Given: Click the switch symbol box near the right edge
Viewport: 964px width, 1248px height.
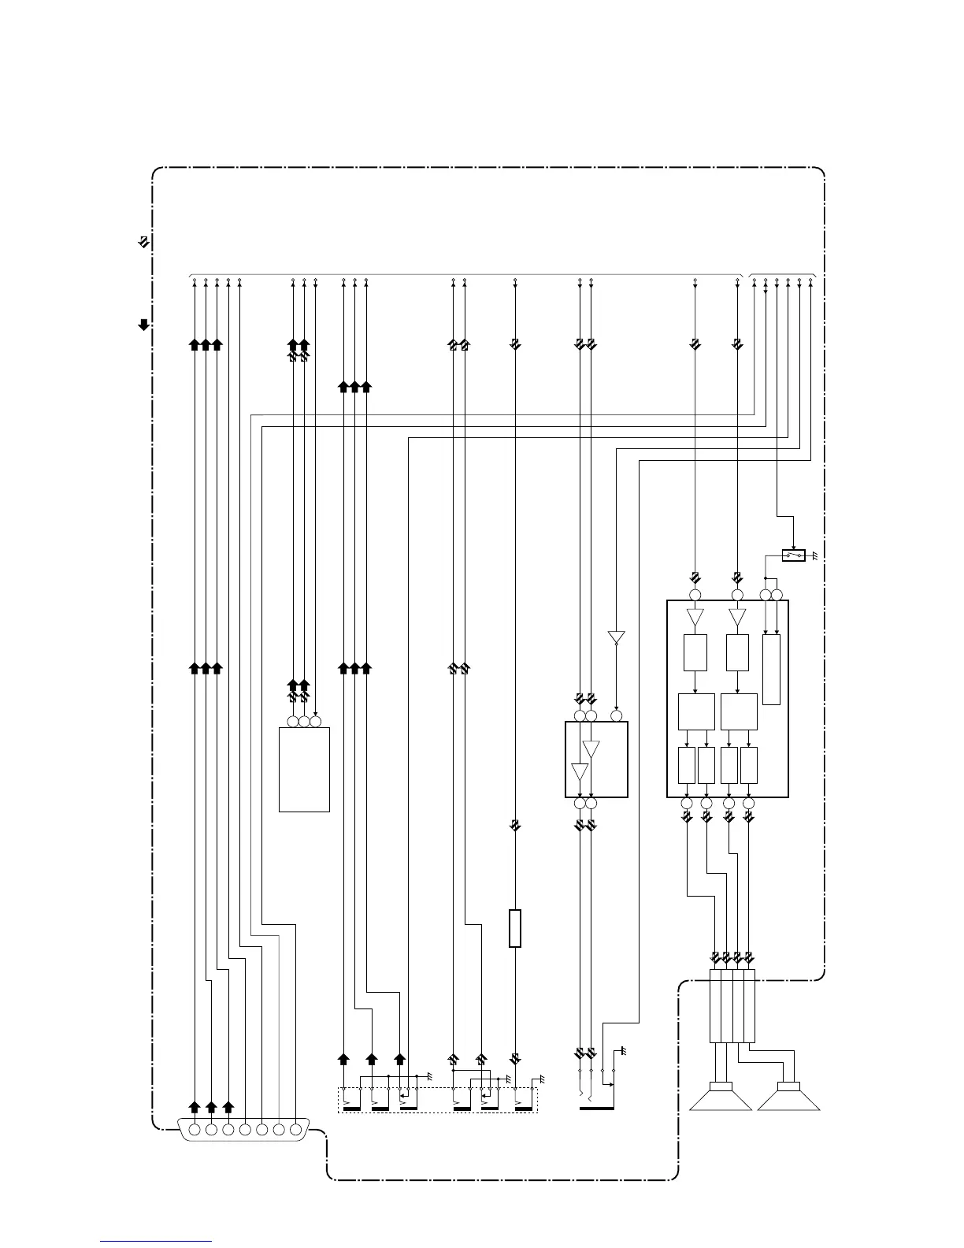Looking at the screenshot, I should [x=793, y=555].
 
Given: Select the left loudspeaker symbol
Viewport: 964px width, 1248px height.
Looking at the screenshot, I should [x=721, y=1097].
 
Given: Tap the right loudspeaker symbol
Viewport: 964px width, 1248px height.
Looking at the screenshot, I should [x=788, y=1097].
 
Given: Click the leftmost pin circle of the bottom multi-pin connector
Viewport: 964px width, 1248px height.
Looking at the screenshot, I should [x=195, y=1130].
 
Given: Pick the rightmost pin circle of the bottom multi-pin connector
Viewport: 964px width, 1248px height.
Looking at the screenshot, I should [x=296, y=1130].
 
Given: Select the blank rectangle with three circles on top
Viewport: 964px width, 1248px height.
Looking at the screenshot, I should [x=304, y=769].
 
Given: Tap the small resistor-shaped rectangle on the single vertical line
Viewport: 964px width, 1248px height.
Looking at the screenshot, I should [x=515, y=928].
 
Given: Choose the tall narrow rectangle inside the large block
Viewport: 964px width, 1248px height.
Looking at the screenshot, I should [x=772, y=669].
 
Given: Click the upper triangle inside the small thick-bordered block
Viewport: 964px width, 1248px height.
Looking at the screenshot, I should [x=591, y=748].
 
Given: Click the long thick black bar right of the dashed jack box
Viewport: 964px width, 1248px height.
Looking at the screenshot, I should [x=596, y=1109].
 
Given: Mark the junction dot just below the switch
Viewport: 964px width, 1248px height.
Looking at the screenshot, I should [x=766, y=578].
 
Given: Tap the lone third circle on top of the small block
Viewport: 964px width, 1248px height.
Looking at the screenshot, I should [x=617, y=715].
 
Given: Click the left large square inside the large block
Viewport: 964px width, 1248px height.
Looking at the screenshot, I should [x=696, y=711].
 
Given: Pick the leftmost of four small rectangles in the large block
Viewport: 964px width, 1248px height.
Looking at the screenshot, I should [x=686, y=765].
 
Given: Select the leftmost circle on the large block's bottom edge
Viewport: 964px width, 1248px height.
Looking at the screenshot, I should [x=686, y=803].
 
